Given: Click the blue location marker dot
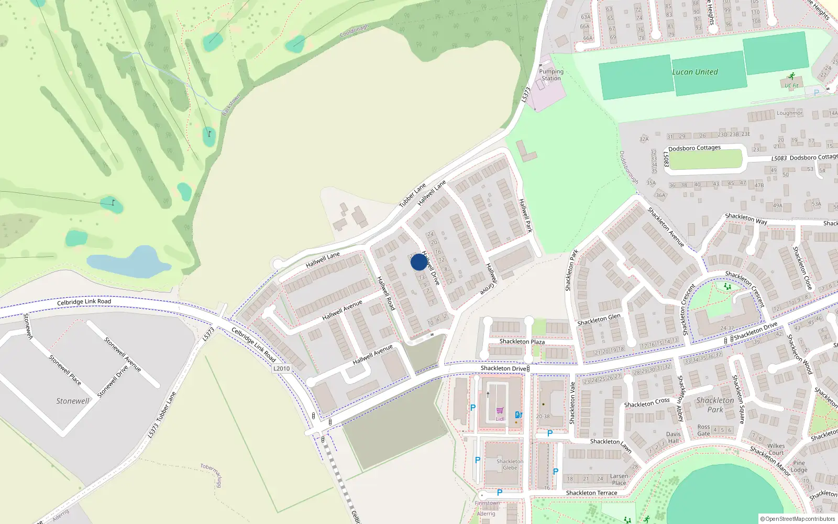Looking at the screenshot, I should click(x=418, y=262).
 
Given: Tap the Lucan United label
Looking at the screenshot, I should click(x=695, y=72).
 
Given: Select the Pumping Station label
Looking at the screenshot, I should click(x=551, y=75).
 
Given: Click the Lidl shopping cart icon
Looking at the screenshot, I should click(x=500, y=411).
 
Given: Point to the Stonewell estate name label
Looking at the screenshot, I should click(x=73, y=401).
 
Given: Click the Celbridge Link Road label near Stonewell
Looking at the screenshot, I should click(x=84, y=302).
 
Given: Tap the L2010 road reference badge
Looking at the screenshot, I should click(x=282, y=368).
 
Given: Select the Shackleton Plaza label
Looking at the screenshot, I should click(x=522, y=342).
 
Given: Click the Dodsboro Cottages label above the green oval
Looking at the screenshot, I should click(x=694, y=148).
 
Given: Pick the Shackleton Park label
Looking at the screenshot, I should click(x=715, y=405).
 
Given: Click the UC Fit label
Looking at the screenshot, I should click(x=791, y=85).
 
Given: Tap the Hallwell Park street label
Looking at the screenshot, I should click(x=525, y=215).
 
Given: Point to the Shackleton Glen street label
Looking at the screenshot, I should click(x=599, y=320).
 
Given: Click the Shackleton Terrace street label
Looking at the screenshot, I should click(x=591, y=493).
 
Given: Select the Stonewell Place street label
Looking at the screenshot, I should click(x=65, y=370).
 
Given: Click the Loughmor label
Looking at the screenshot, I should click(x=789, y=113).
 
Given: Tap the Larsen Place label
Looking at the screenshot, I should click(x=619, y=479).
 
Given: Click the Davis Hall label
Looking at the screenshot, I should click(x=674, y=438).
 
